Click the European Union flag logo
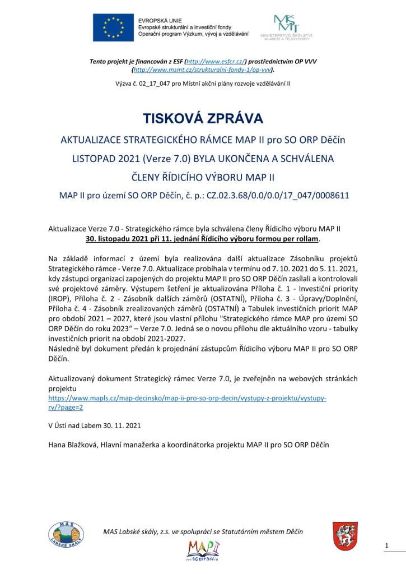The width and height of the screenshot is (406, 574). [113, 27]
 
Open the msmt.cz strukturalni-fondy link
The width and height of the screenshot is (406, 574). [202, 70]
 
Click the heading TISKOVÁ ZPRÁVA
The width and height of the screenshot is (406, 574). [203, 119]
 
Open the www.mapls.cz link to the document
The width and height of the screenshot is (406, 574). [187, 399]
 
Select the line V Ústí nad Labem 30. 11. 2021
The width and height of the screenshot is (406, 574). [95, 425]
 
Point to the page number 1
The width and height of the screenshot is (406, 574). [387, 545]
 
